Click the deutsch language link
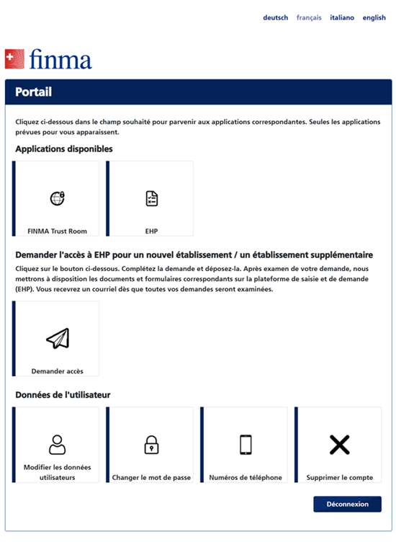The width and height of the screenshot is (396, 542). pyautogui.click(x=275, y=18)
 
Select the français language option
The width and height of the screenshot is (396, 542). pyautogui.click(x=309, y=18)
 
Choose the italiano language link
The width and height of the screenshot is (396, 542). pyautogui.click(x=342, y=18)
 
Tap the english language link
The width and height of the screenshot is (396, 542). pyautogui.click(x=374, y=18)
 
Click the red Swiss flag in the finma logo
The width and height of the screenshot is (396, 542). pyautogui.click(x=14, y=58)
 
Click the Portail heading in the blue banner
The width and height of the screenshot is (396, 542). pyautogui.click(x=33, y=92)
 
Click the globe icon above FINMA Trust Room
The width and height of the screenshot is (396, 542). pyautogui.click(x=57, y=198)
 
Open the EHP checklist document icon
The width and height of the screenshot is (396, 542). pyautogui.click(x=151, y=198)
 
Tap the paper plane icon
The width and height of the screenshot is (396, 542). pyautogui.click(x=57, y=338)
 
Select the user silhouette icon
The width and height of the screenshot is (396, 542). pyautogui.click(x=57, y=445)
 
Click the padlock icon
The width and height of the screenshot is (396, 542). pyautogui.click(x=151, y=445)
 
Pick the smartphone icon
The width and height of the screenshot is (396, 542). pyautogui.click(x=246, y=445)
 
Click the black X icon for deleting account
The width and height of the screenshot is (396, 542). pyautogui.click(x=339, y=445)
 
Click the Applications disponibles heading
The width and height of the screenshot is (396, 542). pyautogui.click(x=64, y=149)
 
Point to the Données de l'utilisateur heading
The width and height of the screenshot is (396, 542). pyautogui.click(x=63, y=395)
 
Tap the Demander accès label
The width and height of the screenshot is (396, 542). pyautogui.click(x=58, y=371)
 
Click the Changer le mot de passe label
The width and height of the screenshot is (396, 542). pyautogui.click(x=151, y=477)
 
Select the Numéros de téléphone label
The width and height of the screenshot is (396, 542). pyautogui.click(x=246, y=477)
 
